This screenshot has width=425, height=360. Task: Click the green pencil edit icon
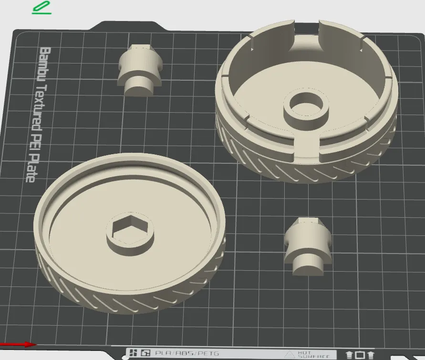41,8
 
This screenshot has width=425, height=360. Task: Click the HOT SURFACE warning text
313,354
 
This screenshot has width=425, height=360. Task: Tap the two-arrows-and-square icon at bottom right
360,355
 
